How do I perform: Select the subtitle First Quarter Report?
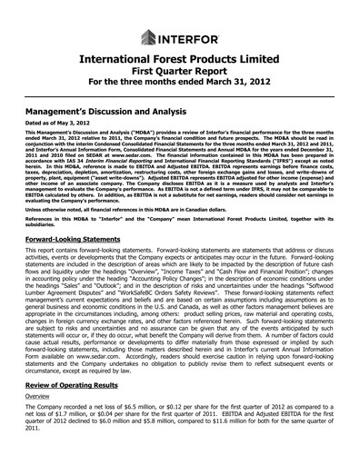180,72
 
